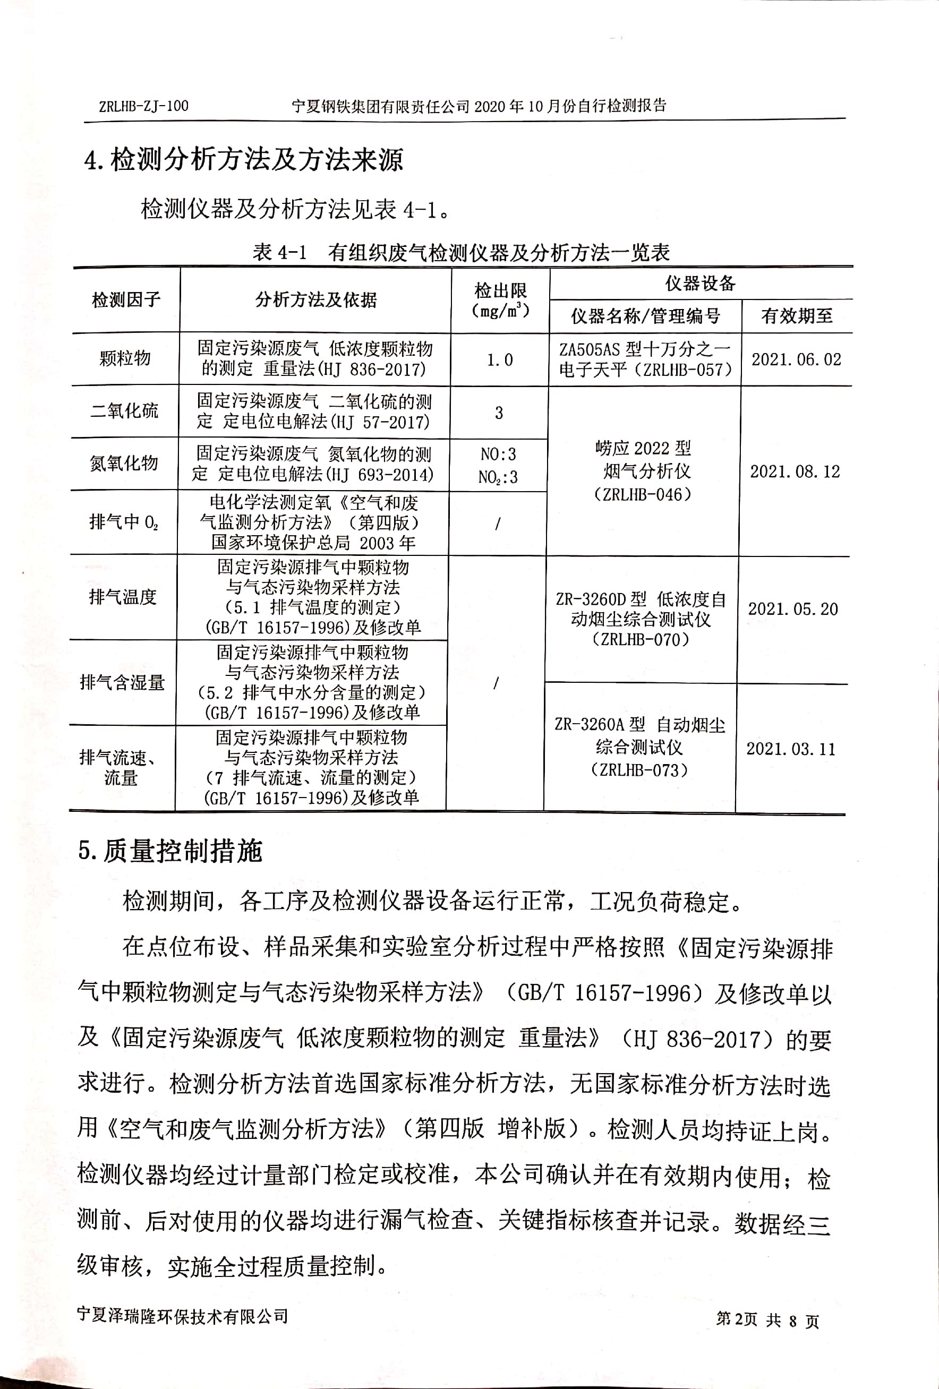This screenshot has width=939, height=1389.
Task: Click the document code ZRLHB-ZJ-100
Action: (143, 106)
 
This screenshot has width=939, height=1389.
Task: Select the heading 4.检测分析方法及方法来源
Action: (244, 160)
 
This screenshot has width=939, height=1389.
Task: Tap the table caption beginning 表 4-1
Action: (461, 253)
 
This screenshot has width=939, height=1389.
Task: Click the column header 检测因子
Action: (126, 299)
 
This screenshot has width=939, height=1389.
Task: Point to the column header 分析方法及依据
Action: (315, 299)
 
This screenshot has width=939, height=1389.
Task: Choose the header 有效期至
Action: (797, 315)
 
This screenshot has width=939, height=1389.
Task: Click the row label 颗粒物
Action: (125, 358)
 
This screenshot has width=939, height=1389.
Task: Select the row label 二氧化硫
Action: (124, 410)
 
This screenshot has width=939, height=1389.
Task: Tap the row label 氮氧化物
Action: (124, 463)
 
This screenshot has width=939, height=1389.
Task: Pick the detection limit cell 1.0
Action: (500, 360)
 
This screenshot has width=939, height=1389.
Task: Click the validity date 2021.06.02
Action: (796, 359)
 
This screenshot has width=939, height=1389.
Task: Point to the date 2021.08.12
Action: (795, 471)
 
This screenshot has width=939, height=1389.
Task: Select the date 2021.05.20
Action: (793, 609)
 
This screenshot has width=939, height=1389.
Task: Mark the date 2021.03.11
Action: (791, 749)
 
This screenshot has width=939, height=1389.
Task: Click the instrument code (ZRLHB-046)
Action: (643, 494)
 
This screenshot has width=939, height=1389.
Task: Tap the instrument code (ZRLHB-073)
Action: (639, 770)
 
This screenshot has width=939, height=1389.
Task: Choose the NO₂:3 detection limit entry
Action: (498, 477)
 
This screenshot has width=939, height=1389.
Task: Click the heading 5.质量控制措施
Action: (170, 851)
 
